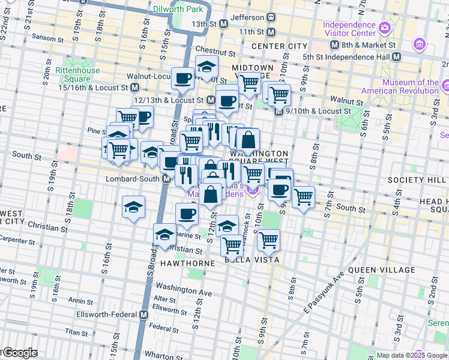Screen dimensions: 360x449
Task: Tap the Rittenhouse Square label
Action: click(73, 74)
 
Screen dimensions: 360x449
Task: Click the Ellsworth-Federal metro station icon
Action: click(144, 314)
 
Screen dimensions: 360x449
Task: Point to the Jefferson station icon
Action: click(271, 18)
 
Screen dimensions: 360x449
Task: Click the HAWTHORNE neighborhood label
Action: click(186, 263)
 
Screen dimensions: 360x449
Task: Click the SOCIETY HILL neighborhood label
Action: click(414, 180)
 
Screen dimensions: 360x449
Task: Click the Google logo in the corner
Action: click(20, 353)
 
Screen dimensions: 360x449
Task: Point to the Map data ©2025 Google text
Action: click(412, 355)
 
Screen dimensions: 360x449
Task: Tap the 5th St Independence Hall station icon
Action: click(396, 57)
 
